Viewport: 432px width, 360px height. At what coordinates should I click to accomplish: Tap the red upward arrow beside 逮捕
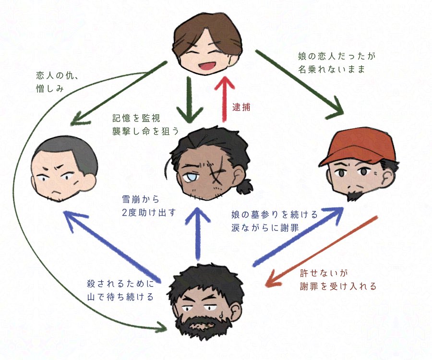pyautogui.click(x=224, y=98)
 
